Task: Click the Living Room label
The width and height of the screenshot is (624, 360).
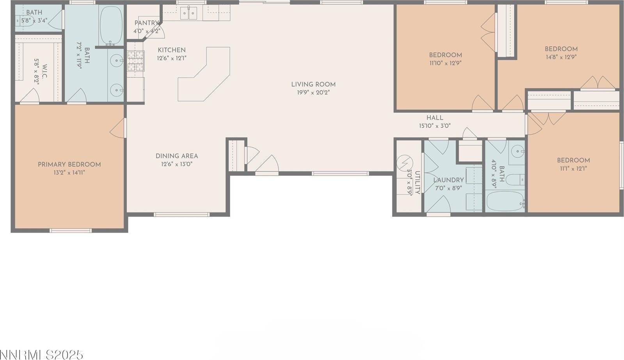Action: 313,84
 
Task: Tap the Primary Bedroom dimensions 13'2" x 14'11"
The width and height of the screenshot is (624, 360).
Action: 69,172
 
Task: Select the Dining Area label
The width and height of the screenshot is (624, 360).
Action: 177,156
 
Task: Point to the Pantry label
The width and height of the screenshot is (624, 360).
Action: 146,23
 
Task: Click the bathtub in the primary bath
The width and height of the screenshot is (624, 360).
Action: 111,25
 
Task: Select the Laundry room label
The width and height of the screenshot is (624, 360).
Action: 448,180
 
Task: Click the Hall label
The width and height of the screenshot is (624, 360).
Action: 434,118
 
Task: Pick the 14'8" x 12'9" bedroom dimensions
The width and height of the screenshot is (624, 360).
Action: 561,57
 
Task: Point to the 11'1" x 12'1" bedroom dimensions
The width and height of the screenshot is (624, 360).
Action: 573,168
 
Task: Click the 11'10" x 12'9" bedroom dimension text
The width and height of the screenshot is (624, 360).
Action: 445,63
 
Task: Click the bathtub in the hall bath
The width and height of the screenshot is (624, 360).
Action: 505,201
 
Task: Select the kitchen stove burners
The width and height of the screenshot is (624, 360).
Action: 135,61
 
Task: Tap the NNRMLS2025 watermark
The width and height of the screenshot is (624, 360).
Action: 42,355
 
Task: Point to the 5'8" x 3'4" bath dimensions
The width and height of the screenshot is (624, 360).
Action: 34,20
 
